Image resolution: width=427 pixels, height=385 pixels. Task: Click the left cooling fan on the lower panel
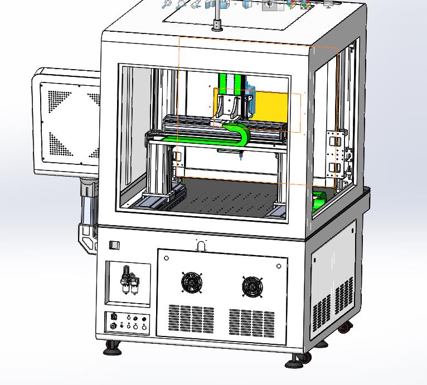coord(191,282)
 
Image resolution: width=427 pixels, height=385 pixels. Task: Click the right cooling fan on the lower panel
coord(252,287)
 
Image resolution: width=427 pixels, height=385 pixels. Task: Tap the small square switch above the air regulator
coord(114,245)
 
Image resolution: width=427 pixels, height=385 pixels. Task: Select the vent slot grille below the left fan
coord(191,319)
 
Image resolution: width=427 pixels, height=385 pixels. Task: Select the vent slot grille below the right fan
coord(251,323)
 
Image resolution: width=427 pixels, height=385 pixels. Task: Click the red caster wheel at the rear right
coord(346,328)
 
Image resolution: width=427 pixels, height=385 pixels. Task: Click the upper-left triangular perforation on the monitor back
coord(58,100)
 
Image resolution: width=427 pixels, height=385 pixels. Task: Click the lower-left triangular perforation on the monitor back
coord(58,144)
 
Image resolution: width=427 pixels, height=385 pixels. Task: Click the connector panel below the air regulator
coord(128,323)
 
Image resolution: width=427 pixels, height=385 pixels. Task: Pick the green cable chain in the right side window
coord(319,200)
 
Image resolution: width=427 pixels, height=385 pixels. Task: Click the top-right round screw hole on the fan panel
coord(279,266)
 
